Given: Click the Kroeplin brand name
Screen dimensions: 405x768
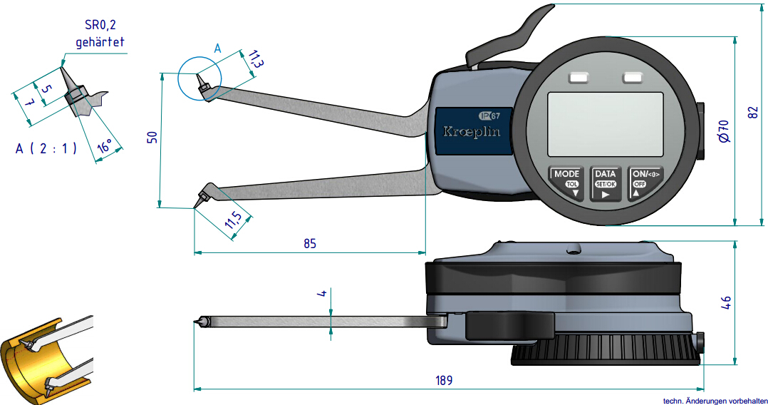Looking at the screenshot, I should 472,132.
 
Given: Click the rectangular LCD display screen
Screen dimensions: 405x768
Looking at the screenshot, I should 605,126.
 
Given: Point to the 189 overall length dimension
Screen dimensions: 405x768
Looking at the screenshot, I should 444,380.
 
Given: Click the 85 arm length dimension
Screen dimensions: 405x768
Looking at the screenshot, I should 309,243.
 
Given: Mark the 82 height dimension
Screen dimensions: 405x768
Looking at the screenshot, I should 754,112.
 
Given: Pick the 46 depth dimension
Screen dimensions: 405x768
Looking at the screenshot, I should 725,302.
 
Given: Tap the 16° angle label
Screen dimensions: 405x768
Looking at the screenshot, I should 104,148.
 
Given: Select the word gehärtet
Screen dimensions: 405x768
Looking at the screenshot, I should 100,42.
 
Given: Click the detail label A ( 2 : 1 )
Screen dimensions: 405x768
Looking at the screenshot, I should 46,149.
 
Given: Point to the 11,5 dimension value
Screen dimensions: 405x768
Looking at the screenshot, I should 232,222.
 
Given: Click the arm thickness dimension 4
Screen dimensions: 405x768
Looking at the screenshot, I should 322,293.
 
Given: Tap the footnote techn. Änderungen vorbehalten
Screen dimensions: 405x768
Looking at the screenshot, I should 714,400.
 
